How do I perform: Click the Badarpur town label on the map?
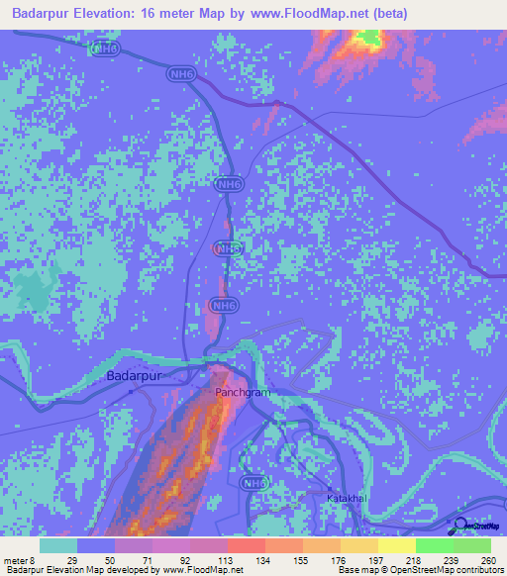[x=133, y=376]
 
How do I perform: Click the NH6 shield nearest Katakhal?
[x=254, y=483]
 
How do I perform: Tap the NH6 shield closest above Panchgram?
[x=225, y=306]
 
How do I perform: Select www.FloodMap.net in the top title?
[x=306, y=14]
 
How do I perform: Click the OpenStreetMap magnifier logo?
[x=459, y=524]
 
